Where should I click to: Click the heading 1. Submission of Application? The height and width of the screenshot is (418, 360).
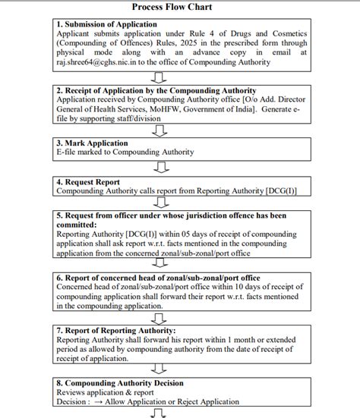(x=107, y=24)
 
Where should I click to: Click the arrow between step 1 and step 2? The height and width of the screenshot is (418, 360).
(x=158, y=77)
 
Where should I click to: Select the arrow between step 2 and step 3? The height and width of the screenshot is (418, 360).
(x=158, y=131)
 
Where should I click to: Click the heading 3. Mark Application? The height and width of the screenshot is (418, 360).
(x=93, y=143)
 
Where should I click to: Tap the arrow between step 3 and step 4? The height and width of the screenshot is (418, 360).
(x=158, y=165)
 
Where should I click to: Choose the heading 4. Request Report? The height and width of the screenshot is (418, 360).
(x=90, y=183)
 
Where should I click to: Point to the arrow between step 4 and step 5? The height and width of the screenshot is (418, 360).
(x=158, y=203)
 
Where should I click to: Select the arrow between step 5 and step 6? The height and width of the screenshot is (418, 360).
(x=158, y=262)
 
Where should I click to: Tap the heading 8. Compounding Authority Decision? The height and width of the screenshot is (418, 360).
(x=120, y=383)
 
